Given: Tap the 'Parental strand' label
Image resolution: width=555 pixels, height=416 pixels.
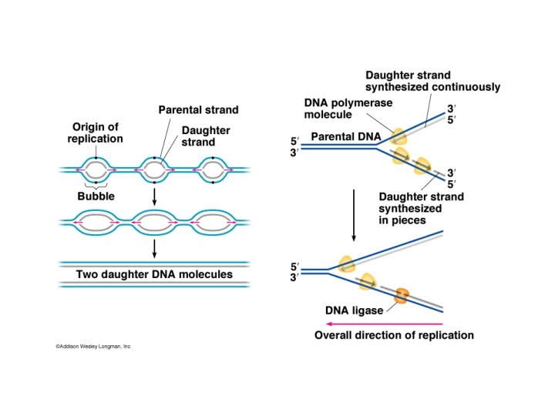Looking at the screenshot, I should [x=199, y=110].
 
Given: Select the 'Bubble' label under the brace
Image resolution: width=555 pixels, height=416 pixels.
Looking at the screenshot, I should [x=96, y=196].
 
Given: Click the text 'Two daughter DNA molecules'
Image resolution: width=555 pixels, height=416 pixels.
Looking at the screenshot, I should [x=154, y=273].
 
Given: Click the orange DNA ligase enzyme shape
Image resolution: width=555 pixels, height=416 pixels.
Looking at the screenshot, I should [x=402, y=295].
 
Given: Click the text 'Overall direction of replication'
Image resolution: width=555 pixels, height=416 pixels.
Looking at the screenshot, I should [x=394, y=336].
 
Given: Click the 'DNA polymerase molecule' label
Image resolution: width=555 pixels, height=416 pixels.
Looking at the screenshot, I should [x=338, y=108].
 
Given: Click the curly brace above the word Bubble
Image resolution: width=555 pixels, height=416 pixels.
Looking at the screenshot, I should [x=96, y=186].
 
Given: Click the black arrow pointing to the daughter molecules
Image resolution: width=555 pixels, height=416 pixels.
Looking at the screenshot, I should [x=155, y=247].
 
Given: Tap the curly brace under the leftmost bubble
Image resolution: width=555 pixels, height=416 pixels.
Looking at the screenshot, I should [x=96, y=186].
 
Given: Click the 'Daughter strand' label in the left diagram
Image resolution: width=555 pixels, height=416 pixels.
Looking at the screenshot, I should [x=206, y=136].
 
